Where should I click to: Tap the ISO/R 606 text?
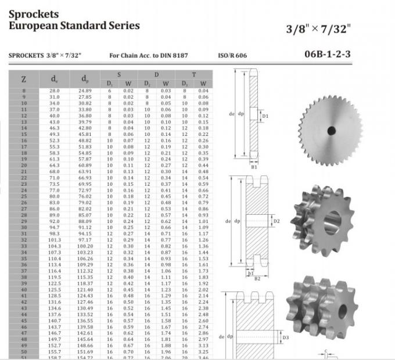tap(232, 56)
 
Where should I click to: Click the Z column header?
tap(23, 78)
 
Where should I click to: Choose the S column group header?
tap(119, 74)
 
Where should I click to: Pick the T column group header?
tap(194, 74)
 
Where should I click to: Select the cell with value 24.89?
tap(85, 91)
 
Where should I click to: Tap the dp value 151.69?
tap(85, 352)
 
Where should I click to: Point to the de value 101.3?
tap(54, 239)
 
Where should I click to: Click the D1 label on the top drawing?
tap(265, 116)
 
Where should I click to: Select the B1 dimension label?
tap(253, 167)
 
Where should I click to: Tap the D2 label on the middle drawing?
tap(276, 221)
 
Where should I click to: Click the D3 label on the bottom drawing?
tap(285, 337)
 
